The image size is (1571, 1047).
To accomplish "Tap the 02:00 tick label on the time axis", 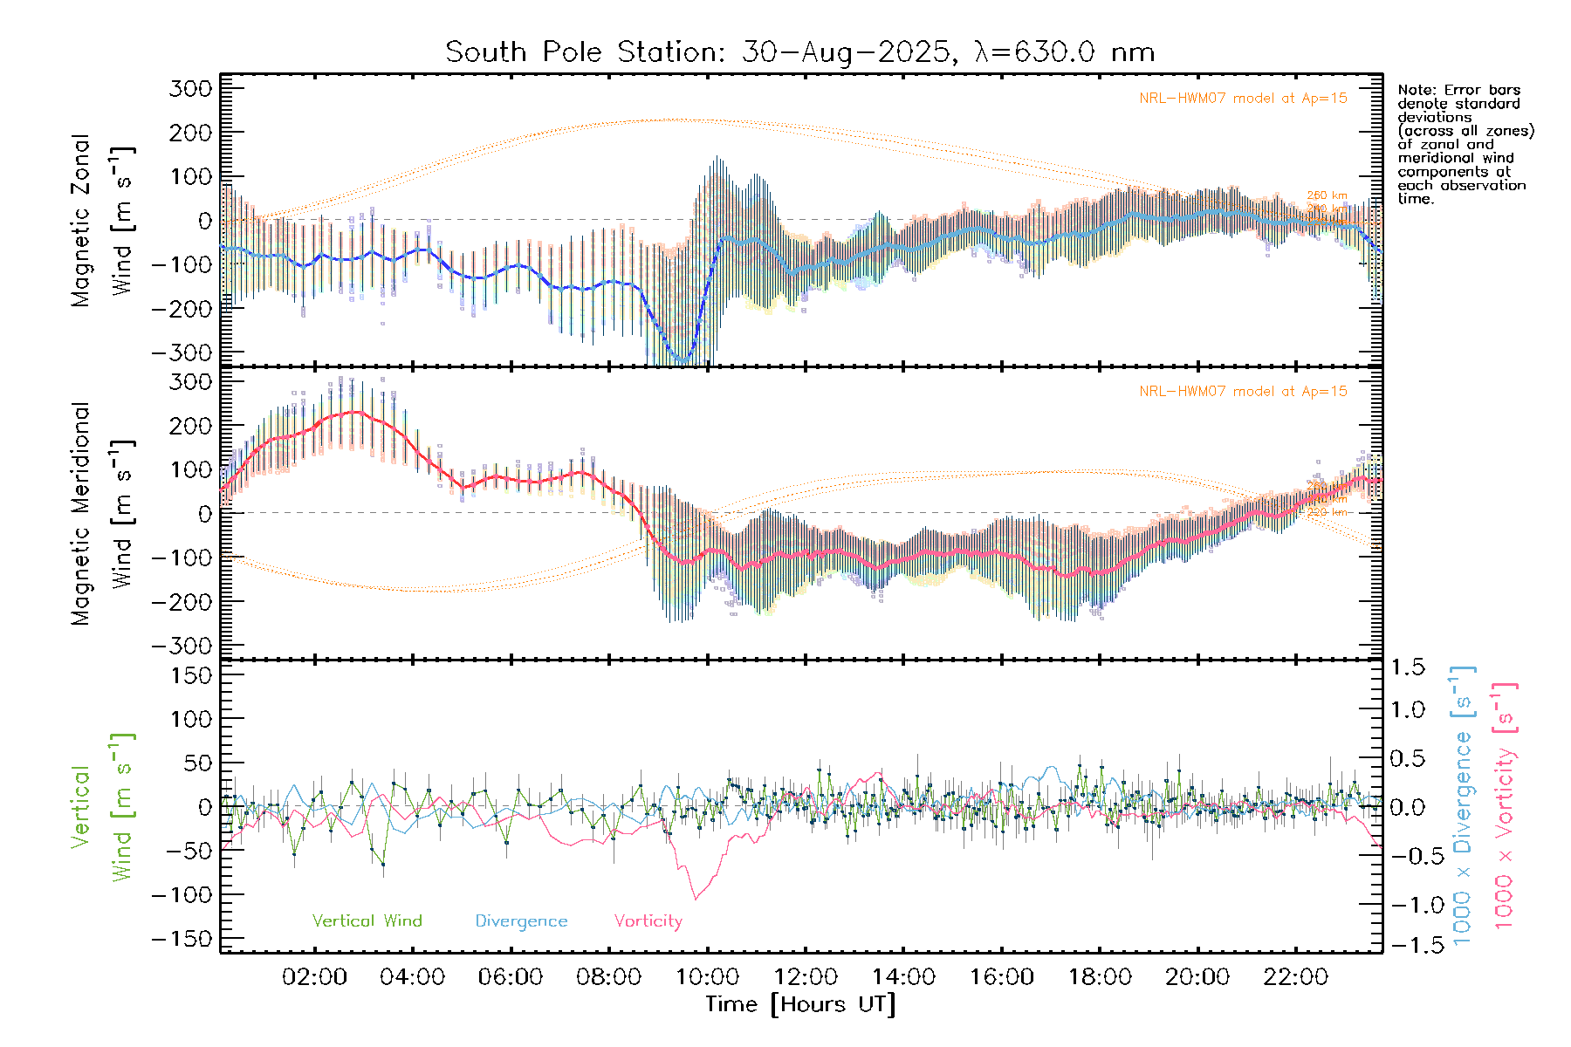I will click(x=314, y=977).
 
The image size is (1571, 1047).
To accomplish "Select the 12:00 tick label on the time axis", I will click(x=806, y=977).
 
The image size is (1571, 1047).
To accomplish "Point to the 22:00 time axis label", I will click(x=1296, y=977).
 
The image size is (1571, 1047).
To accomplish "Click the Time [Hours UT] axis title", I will click(x=800, y=1004).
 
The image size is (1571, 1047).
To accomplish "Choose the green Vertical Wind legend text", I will click(x=367, y=921).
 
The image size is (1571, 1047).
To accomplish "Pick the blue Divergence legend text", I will click(x=521, y=921).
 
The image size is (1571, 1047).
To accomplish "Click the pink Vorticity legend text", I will click(x=648, y=921).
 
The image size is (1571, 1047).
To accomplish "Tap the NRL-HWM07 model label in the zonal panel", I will click(x=1243, y=99).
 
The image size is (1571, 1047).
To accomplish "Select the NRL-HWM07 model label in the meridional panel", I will click(x=1243, y=392).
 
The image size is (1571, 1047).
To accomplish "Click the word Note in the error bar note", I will click(x=1414, y=90).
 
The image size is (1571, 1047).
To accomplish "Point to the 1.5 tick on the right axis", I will click(x=1407, y=667).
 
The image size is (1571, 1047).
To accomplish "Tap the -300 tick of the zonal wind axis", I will click(x=182, y=352).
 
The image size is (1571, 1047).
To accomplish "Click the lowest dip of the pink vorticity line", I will click(x=696, y=899).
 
